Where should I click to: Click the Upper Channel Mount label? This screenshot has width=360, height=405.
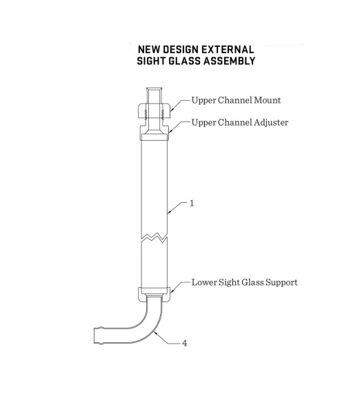click(236, 100)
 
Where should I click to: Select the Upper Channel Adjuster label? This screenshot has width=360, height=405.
click(240, 122)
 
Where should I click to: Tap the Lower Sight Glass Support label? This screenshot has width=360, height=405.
click(244, 282)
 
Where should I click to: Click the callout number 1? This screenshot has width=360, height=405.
click(192, 204)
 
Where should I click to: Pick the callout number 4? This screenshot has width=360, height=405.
click(184, 344)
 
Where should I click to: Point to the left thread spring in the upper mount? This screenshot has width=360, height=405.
click(146, 113)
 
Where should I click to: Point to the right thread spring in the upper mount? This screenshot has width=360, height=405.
click(163, 113)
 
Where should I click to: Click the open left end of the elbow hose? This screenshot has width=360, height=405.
click(94, 336)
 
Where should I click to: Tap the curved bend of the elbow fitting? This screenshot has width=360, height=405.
click(145, 327)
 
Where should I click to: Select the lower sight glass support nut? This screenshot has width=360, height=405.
click(154, 294)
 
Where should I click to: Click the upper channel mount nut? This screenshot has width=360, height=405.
click(154, 111)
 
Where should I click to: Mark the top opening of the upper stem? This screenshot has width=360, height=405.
click(154, 88)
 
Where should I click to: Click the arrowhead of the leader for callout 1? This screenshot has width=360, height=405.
click(168, 213)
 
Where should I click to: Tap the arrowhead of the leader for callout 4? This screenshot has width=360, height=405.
click(154, 333)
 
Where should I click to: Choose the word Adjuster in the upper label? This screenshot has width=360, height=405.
click(271, 122)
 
